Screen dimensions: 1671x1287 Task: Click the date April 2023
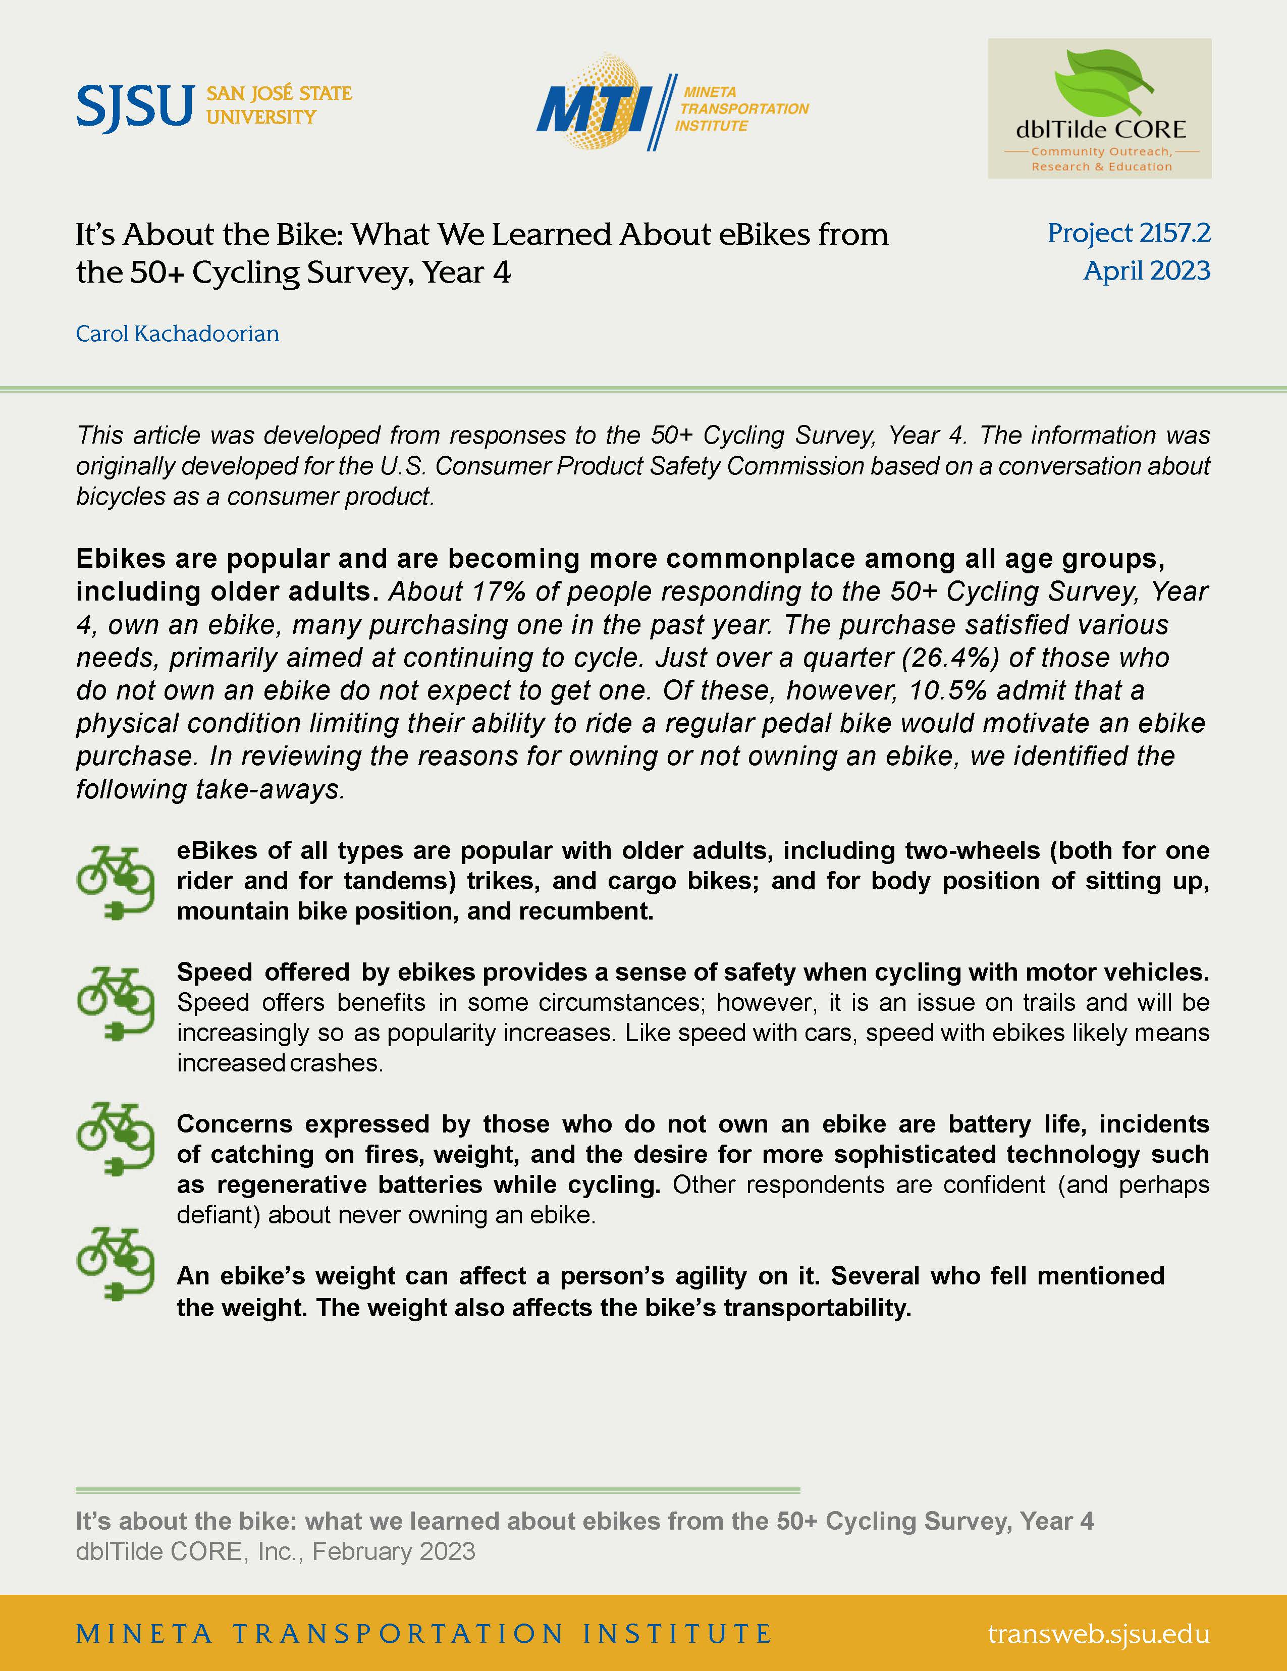1146,271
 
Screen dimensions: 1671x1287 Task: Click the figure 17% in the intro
497,591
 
